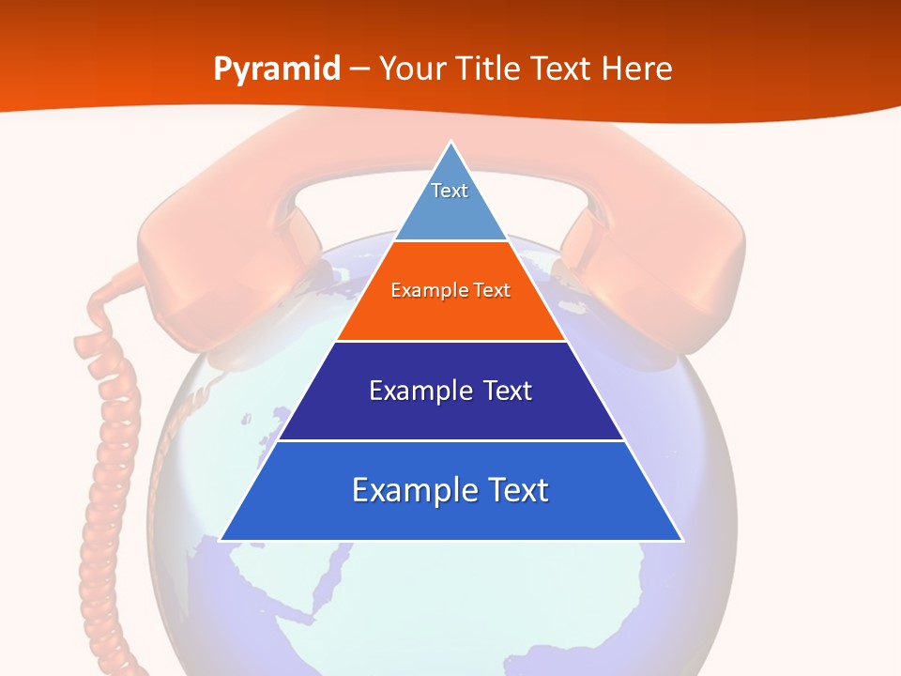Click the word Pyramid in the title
276,69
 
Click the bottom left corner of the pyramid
222,539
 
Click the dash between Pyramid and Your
359,69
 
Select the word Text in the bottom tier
514,490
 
